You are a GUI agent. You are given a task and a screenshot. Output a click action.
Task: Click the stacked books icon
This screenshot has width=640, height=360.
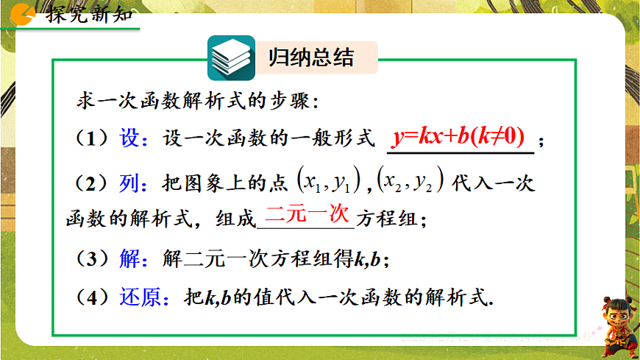tap(231, 58)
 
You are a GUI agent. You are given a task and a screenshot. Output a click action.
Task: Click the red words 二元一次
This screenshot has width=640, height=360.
tap(306, 215)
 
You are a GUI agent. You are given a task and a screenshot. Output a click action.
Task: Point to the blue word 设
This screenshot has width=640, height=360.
tap(129, 139)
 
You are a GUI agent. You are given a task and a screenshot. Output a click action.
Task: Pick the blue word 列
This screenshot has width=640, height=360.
tap(129, 181)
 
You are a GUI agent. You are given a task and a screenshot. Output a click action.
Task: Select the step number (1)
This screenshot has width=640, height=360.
tap(91, 139)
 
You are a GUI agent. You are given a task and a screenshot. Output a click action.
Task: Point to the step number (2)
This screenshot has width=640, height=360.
tap(91, 181)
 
